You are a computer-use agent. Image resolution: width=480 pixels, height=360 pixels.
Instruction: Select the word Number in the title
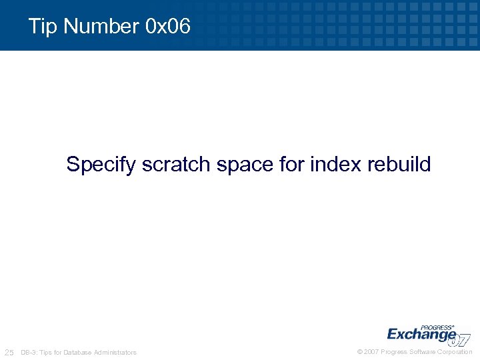click(99, 27)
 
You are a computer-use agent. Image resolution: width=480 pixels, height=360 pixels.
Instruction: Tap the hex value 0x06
click(167, 27)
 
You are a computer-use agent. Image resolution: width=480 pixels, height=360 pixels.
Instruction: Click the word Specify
click(101, 164)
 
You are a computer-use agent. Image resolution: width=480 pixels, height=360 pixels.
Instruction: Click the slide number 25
click(9, 352)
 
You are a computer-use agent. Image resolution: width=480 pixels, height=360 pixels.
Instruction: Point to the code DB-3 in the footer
click(29, 352)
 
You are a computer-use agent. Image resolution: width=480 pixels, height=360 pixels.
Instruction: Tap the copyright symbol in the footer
click(360, 351)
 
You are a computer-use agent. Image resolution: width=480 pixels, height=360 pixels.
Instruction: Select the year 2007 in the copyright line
click(372, 351)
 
